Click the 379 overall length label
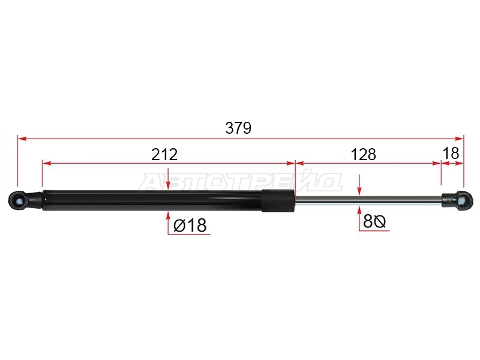tap(238, 128)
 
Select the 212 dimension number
tap(164, 155)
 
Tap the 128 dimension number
tap(364, 155)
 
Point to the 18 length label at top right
tap(451, 154)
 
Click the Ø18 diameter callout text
tap(190, 226)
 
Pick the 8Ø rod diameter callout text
tap(374, 221)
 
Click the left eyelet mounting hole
tap(19, 200)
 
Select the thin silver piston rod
tap(368, 200)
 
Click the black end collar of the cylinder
tap(278, 200)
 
